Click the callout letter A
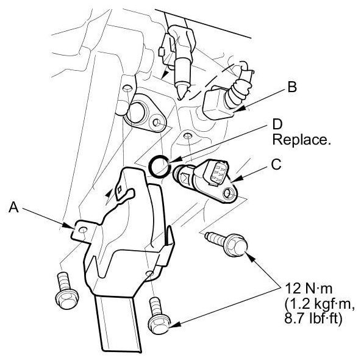click(x=13, y=207)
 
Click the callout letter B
click(x=292, y=87)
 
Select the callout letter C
click(x=276, y=164)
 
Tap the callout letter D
click(x=277, y=125)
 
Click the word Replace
click(x=301, y=139)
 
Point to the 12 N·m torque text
click(x=309, y=289)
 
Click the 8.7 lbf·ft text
click(x=313, y=319)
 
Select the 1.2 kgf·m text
click(x=319, y=304)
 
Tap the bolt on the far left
click(x=66, y=290)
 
